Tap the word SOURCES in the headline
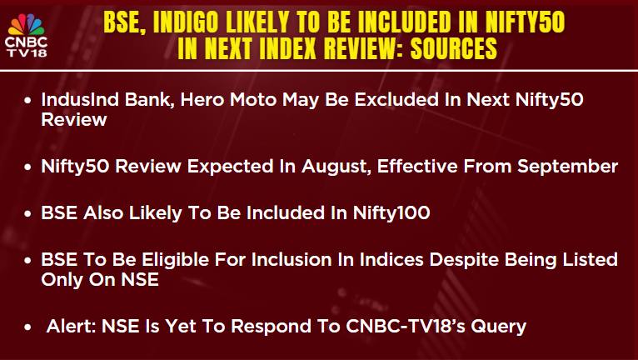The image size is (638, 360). coord(454,48)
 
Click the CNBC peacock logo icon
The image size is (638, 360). coord(27,24)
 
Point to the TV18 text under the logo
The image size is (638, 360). coord(27,52)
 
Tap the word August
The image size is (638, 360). coord(336,167)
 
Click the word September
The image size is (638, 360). coord(567,167)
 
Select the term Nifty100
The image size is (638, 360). coord(391,213)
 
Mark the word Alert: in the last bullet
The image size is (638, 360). coord(71,326)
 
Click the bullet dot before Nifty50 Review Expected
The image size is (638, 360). coord(27,167)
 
